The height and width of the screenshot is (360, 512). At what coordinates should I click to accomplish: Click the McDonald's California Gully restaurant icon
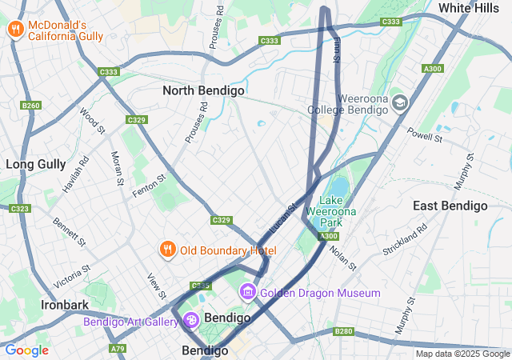(x=15, y=30)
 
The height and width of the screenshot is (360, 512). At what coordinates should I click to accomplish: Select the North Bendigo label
(x=203, y=90)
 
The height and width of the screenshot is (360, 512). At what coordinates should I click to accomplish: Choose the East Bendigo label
(x=450, y=206)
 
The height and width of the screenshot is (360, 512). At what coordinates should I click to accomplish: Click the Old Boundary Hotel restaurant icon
(x=167, y=250)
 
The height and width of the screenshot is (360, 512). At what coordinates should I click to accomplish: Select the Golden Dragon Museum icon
(x=249, y=293)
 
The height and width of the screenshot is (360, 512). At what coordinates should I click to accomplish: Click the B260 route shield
(x=31, y=105)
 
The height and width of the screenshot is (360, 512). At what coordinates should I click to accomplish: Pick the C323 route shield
(x=19, y=208)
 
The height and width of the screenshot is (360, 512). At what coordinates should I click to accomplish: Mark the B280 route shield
(x=344, y=330)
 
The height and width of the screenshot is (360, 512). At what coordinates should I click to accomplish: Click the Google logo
(x=26, y=350)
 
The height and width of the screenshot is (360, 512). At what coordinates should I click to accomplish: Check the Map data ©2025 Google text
(x=462, y=354)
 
